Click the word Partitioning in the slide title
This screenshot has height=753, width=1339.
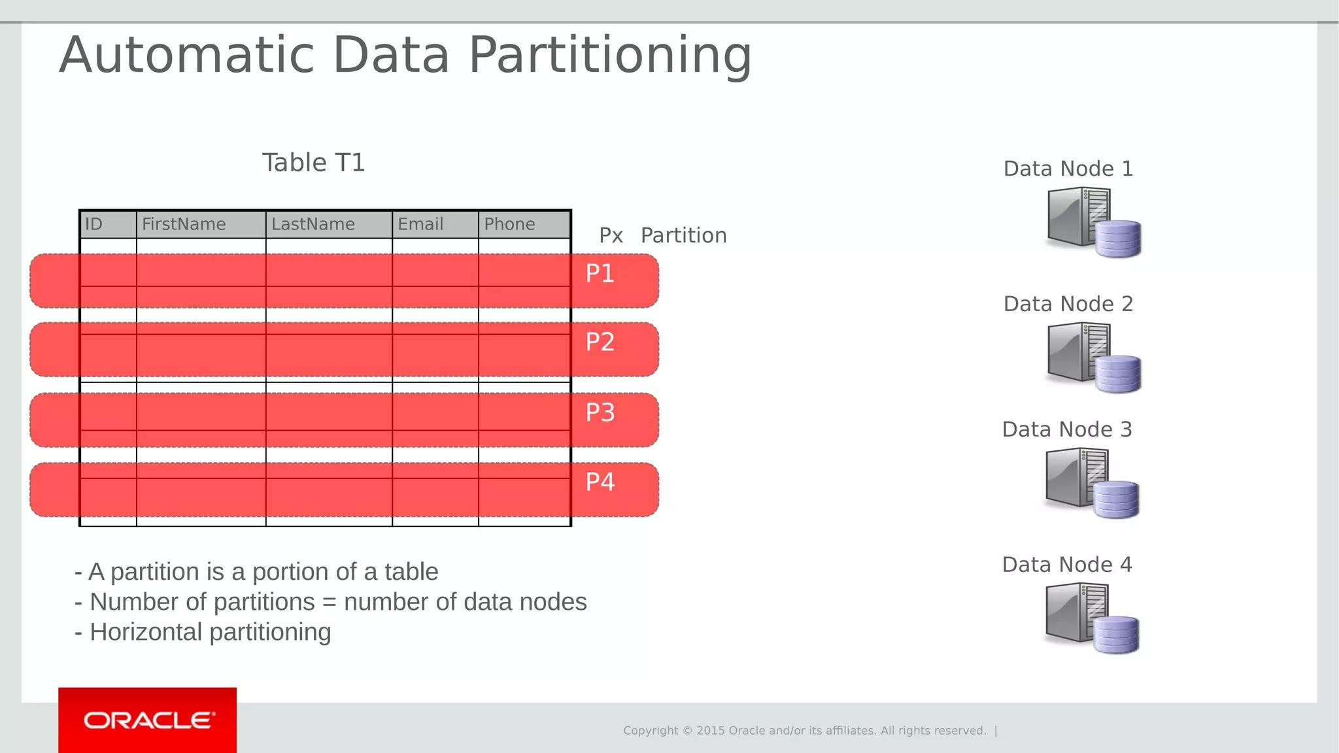pyautogui.click(x=610, y=56)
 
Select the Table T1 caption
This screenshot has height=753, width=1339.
pyautogui.click(x=313, y=163)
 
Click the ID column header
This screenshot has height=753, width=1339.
pyautogui.click(x=94, y=224)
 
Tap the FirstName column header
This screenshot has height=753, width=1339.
pyautogui.click(x=184, y=224)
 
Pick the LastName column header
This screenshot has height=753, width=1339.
pyautogui.click(x=313, y=224)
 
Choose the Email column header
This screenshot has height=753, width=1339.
pyautogui.click(x=420, y=224)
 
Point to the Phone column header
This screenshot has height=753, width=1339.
pyautogui.click(x=509, y=224)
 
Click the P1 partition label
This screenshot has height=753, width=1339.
pyautogui.click(x=600, y=273)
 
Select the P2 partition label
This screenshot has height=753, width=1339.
pyautogui.click(x=600, y=342)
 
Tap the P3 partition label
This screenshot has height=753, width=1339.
pyautogui.click(x=600, y=412)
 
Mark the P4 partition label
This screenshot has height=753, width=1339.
pyautogui.click(x=600, y=482)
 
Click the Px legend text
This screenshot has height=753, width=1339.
pyautogui.click(x=611, y=235)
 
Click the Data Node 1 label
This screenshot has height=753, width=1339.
pyautogui.click(x=1068, y=169)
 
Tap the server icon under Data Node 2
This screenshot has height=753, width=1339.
pyautogui.click(x=1076, y=353)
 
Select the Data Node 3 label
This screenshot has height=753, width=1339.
pyautogui.click(x=1066, y=429)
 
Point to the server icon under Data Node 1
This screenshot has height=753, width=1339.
pyautogui.click(x=1076, y=217)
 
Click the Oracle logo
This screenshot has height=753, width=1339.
pyautogui.click(x=148, y=720)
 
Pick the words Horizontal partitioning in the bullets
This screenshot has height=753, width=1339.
pyautogui.click(x=210, y=632)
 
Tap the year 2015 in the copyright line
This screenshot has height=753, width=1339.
pyautogui.click(x=710, y=731)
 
